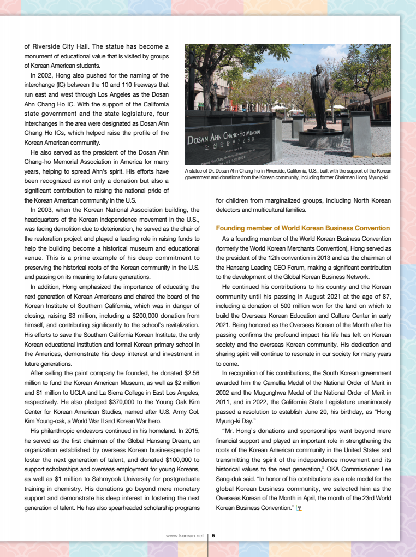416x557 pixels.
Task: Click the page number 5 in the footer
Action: click(213, 536)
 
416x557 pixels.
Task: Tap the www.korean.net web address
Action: click(185, 536)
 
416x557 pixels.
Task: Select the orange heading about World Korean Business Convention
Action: click(303, 228)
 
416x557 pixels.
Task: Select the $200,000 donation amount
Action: click(132, 315)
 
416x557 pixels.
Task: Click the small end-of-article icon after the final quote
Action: click(299, 508)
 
